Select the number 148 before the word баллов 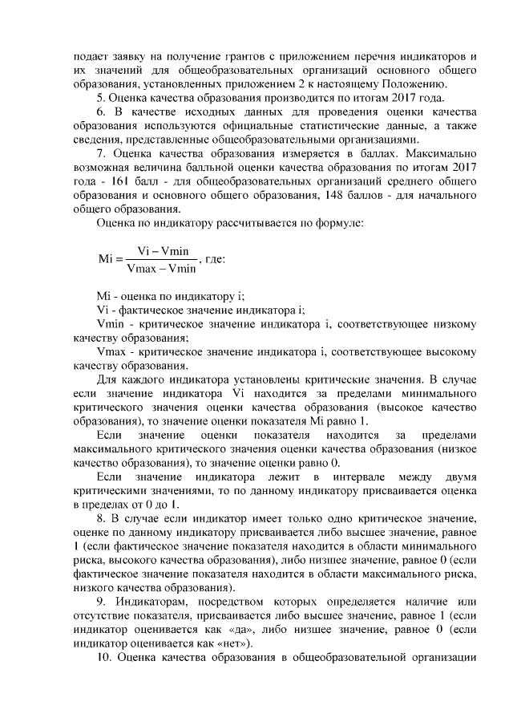tap(362, 193)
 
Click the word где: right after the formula tap(216, 260)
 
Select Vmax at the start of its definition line tap(110, 351)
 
